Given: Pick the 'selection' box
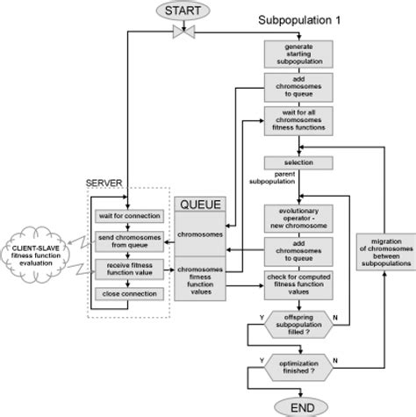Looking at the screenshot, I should click(x=298, y=164).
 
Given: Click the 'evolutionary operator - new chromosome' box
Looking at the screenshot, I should click(x=298, y=219).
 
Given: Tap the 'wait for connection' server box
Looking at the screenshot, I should click(x=129, y=216).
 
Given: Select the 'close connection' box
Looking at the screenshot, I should click(x=129, y=295).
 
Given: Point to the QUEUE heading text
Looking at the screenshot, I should click(x=201, y=205).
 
